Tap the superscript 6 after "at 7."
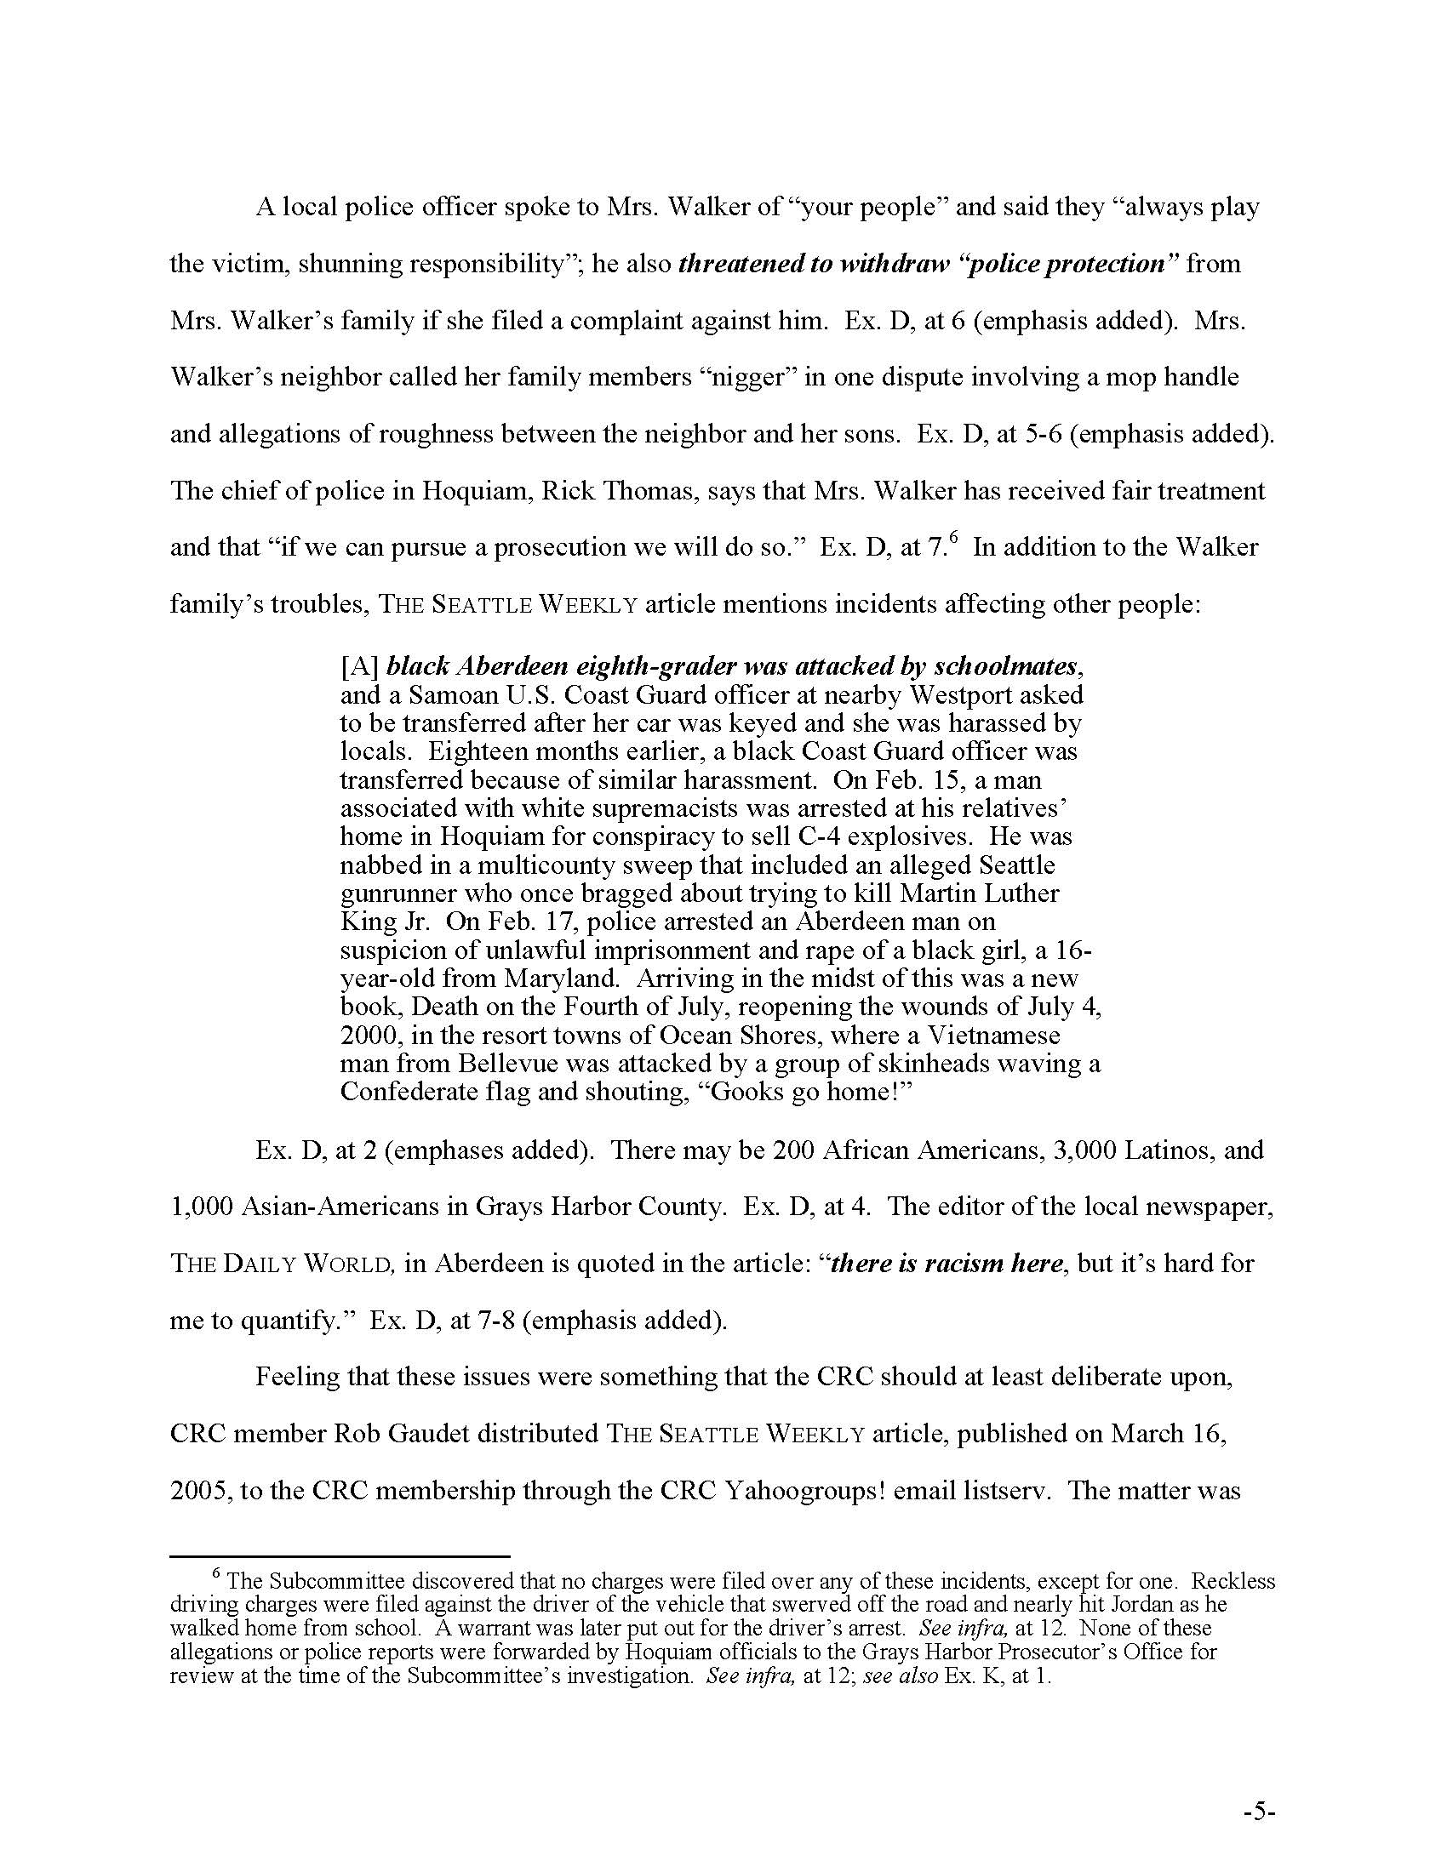click(953, 539)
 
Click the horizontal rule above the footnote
click(340, 1555)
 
